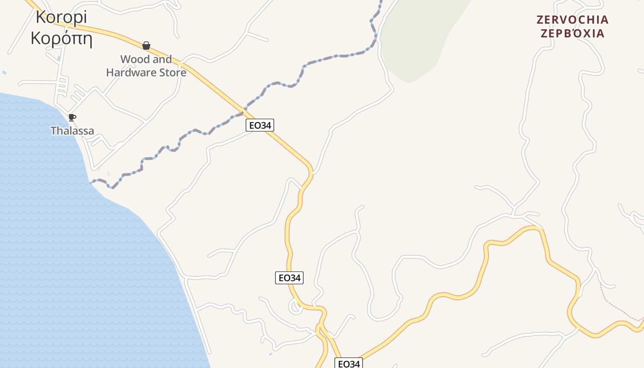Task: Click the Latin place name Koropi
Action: [x=61, y=17]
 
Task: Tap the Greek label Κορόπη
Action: [x=61, y=39]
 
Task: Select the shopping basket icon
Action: [x=146, y=46]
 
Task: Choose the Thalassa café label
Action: [x=72, y=131]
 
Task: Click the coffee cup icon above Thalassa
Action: [x=72, y=117]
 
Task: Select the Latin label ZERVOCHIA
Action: [x=572, y=20]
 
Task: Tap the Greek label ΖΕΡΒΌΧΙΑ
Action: [x=572, y=34]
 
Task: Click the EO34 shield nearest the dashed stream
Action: [x=260, y=125]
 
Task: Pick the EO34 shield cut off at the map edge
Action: [x=348, y=363]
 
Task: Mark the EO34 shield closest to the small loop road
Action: [x=289, y=278]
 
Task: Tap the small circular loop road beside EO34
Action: [x=295, y=307]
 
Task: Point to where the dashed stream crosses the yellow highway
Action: [x=244, y=113]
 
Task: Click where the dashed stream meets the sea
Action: [x=91, y=182]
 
